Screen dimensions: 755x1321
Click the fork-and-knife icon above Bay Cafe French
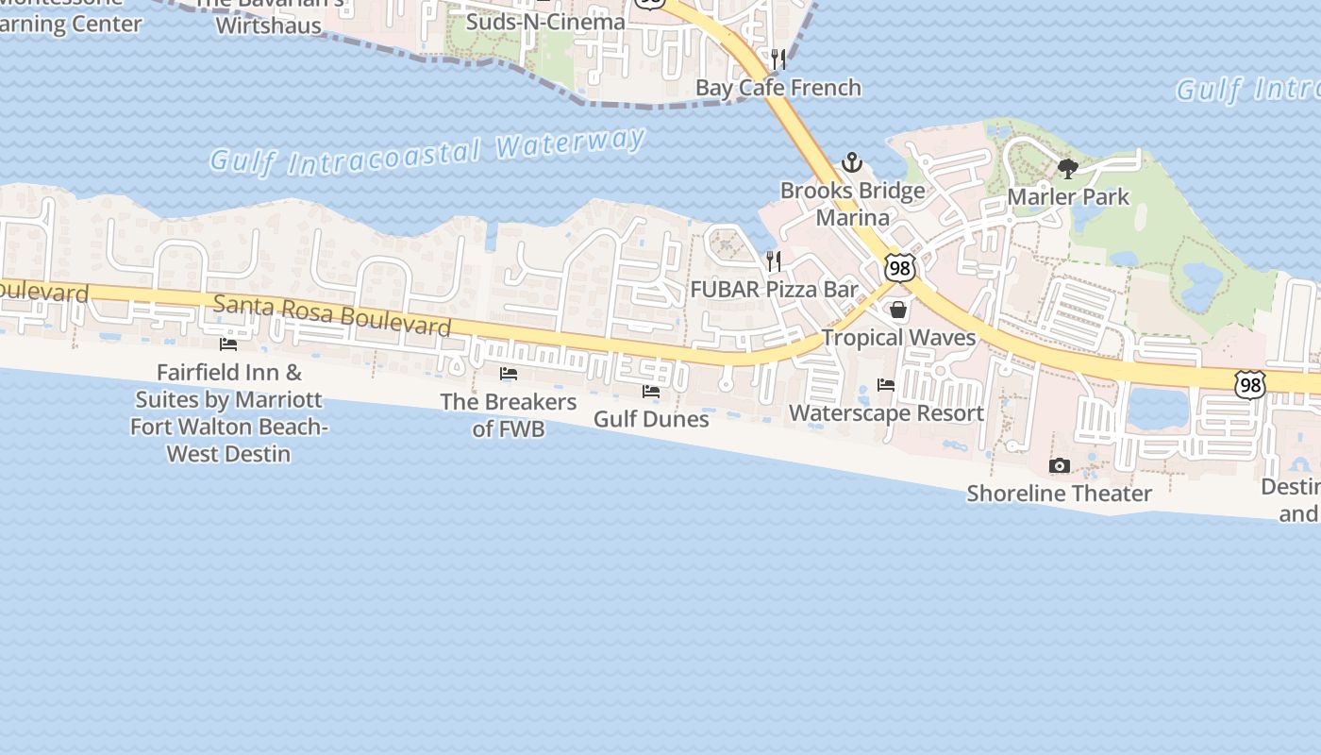coord(778,59)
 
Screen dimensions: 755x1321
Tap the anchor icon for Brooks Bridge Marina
coord(852,162)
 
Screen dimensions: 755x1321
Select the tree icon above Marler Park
coord(1068,169)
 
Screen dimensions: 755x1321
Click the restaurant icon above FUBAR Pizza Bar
coord(774,261)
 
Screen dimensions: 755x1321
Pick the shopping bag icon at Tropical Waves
coord(898,310)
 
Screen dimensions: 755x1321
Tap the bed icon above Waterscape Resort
coord(886,385)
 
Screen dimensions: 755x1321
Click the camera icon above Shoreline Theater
coord(1060,465)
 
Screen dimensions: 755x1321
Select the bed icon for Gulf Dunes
coord(651,391)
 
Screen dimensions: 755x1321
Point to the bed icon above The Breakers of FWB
coord(509,374)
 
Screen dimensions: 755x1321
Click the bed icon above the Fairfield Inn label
coord(228,344)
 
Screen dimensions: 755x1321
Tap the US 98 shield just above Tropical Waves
coord(899,268)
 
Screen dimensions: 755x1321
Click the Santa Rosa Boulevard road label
coord(332,315)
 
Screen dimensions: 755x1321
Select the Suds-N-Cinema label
coord(545,22)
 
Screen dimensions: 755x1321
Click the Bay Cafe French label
coord(778,88)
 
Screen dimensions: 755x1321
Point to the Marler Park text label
coord(1068,196)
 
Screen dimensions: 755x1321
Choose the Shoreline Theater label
coord(1059,493)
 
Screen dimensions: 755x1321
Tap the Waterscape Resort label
coord(886,412)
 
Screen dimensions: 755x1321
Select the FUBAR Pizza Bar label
coord(774,289)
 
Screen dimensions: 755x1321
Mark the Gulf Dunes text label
coord(651,418)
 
